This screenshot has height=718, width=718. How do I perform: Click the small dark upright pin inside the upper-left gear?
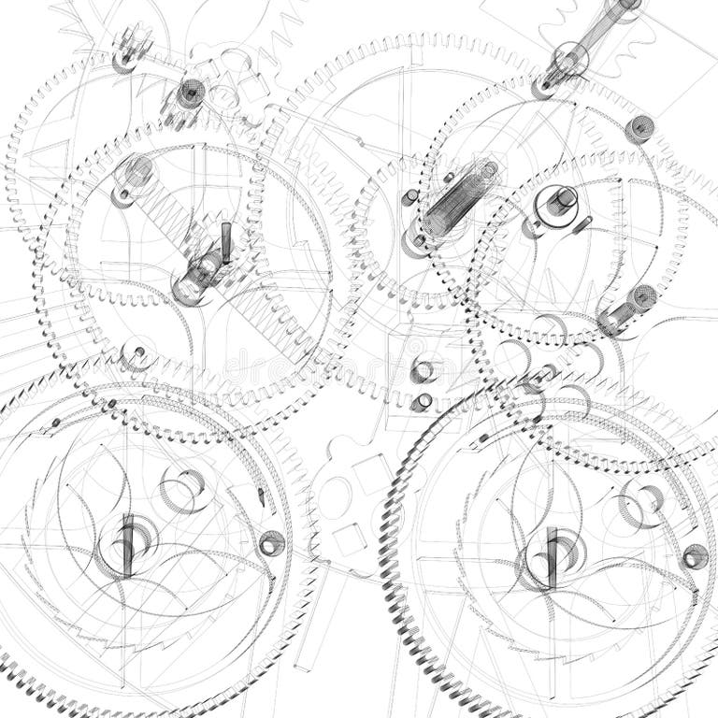pyautogui.click(x=225, y=241)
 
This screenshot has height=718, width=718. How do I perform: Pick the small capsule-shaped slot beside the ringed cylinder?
pyautogui.click(x=583, y=223)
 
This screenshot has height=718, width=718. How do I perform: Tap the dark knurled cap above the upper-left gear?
pyautogui.click(x=191, y=93)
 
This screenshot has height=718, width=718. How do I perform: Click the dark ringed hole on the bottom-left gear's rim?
pyautogui.click(x=272, y=542)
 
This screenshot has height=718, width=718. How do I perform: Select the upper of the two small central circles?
pyautogui.click(x=424, y=371)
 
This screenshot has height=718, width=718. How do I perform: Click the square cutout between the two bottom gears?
pyautogui.click(x=350, y=538)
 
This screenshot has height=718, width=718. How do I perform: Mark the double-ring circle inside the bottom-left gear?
pyautogui.click(x=183, y=490)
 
